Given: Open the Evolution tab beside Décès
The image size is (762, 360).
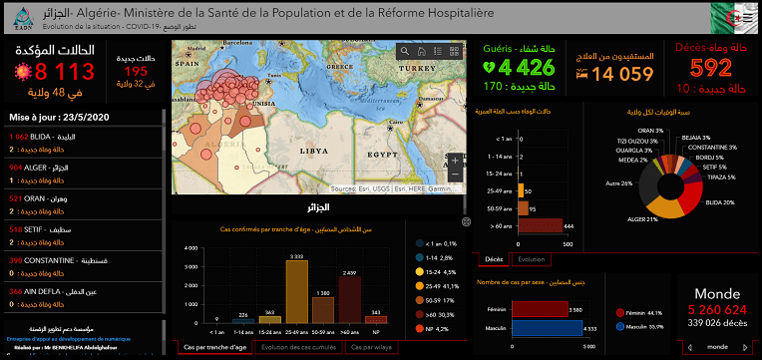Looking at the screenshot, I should [532, 259].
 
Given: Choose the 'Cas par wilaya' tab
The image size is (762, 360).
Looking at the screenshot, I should [368, 347].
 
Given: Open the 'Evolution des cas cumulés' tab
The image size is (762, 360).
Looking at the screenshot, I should [298, 347].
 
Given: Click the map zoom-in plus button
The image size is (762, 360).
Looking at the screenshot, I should [455, 161].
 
